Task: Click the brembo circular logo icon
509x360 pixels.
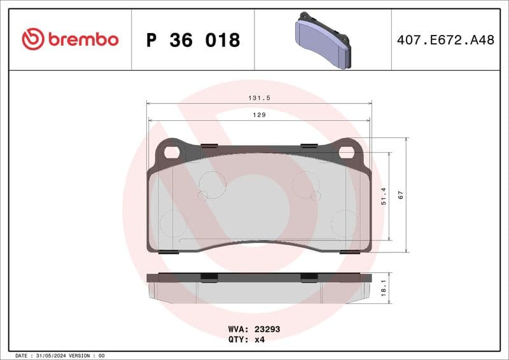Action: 33,39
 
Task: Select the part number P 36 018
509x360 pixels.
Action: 193,40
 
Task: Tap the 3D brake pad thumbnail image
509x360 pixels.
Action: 323,40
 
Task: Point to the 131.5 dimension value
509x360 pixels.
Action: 258,99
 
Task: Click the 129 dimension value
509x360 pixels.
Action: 259,115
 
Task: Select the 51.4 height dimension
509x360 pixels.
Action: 383,196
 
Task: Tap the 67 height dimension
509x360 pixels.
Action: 401,195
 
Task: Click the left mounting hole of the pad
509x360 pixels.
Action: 171,152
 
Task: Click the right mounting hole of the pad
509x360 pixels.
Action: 345,152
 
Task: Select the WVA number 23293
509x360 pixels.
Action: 267,329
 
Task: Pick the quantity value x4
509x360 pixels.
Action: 259,339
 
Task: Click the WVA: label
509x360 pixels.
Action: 239,329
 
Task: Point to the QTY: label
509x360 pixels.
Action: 239,339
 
